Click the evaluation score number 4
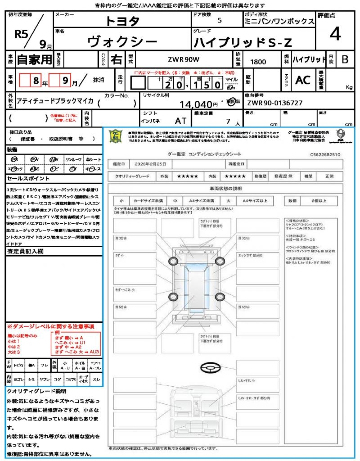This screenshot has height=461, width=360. [x=335, y=34]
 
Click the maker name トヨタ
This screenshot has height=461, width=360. [x=122, y=21]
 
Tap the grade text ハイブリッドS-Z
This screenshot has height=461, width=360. [x=243, y=42]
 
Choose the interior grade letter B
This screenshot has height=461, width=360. [x=345, y=59]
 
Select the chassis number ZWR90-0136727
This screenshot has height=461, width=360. [x=274, y=104]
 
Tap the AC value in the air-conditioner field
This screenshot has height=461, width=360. [x=303, y=80]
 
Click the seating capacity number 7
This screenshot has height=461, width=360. [x=228, y=122]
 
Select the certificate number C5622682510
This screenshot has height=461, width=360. [x=325, y=155]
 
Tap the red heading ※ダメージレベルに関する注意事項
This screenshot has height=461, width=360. [x=50, y=326]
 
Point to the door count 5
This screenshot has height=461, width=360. [x=219, y=21]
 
